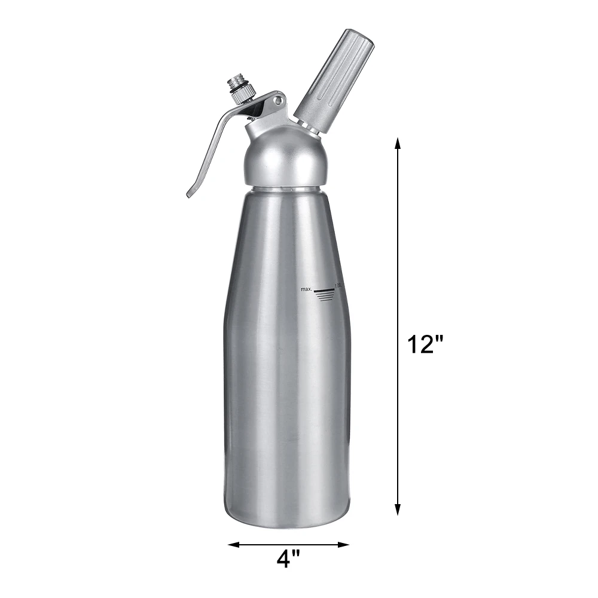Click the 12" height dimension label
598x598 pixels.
pos(425,345)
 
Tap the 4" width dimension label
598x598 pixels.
pos(288,559)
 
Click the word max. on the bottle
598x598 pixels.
pos(307,289)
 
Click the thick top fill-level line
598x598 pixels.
pos(325,290)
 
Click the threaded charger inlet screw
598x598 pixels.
pos(236,83)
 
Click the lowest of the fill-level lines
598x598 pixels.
pos(325,300)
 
